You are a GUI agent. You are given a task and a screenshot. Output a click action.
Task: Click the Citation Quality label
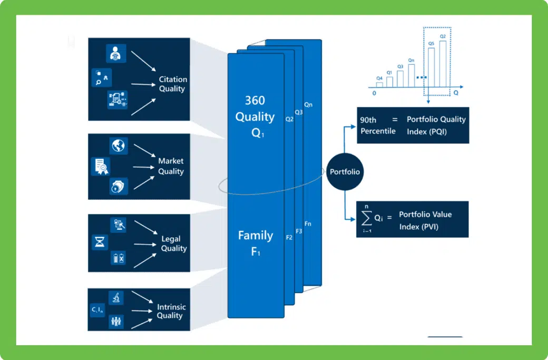173,84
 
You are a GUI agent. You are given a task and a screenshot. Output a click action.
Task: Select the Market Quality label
171,166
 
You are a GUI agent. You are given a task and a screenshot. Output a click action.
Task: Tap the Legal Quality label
174,244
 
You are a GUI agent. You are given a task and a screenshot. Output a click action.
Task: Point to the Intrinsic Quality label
171,311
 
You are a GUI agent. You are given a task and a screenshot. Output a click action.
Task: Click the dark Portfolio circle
345,172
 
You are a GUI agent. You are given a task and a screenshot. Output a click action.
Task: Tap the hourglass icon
100,242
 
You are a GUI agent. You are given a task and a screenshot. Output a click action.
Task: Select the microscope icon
115,298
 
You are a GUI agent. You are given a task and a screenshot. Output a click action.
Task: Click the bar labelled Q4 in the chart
379,84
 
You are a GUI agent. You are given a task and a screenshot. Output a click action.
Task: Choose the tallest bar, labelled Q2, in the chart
443,64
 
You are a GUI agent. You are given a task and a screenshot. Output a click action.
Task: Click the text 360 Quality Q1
255,116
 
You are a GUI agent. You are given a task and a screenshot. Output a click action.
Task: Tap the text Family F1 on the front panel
255,243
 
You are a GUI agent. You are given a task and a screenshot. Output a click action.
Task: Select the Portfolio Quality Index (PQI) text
436,125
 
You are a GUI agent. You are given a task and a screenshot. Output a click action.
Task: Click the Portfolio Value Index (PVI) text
425,220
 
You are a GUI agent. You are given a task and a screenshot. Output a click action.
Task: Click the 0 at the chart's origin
374,93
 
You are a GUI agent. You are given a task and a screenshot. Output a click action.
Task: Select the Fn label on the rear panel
308,224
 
